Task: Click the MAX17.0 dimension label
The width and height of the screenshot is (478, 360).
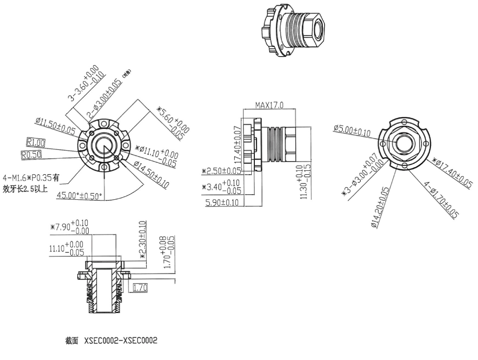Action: click(x=269, y=105)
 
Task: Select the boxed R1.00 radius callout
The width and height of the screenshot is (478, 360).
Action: click(x=35, y=142)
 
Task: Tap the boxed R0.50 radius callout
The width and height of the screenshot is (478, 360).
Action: click(x=31, y=154)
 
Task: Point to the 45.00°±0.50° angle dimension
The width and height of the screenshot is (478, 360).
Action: click(x=80, y=195)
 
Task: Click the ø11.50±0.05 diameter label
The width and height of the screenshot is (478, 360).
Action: click(x=55, y=126)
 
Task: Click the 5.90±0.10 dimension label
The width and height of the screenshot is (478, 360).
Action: click(x=222, y=202)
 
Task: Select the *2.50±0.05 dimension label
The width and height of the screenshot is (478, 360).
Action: click(x=221, y=171)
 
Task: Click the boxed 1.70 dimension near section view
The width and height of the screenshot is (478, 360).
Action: click(x=139, y=288)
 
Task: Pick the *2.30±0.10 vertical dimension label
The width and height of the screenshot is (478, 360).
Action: click(x=143, y=240)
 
